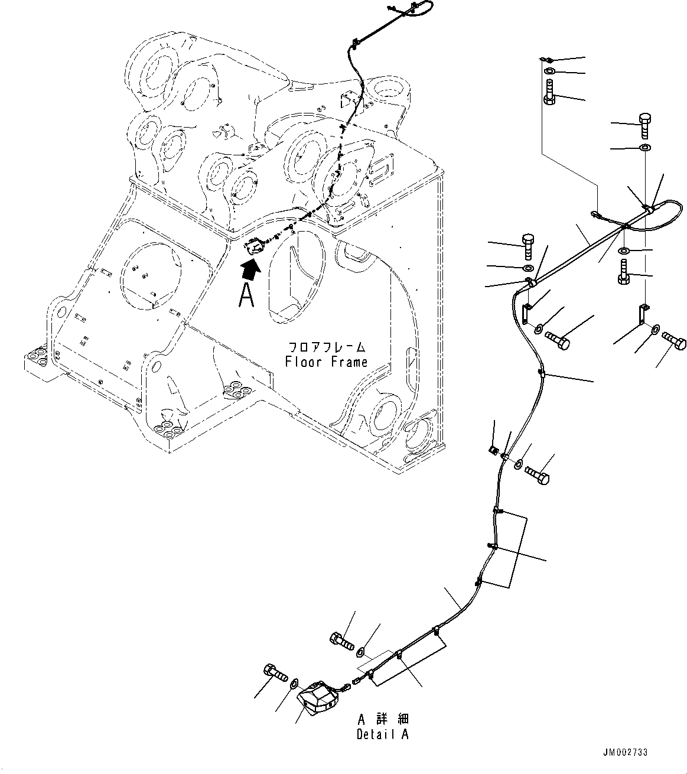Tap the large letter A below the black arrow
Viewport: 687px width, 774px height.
pyautogui.click(x=247, y=295)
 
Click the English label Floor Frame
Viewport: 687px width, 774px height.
pyautogui.click(x=325, y=362)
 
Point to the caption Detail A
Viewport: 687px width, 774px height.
pyautogui.click(x=382, y=734)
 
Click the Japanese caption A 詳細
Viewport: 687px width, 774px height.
pyautogui.click(x=383, y=719)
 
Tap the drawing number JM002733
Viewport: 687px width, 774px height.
pyautogui.click(x=625, y=753)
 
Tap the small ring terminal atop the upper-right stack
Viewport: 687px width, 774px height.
pyautogui.click(x=547, y=60)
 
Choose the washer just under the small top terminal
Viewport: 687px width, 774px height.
pyautogui.click(x=549, y=72)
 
